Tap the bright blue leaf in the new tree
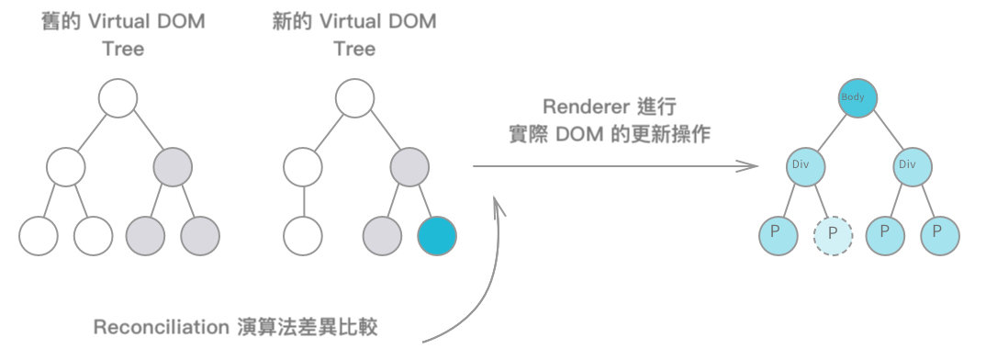coord(436,235)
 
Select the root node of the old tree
coord(118,98)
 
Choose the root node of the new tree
coord(354,98)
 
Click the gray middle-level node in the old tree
coord(173,167)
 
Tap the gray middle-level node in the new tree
coord(409,167)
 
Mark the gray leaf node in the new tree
coord(382,235)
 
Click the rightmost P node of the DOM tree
coord(940,235)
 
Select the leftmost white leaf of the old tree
coord(38,235)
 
